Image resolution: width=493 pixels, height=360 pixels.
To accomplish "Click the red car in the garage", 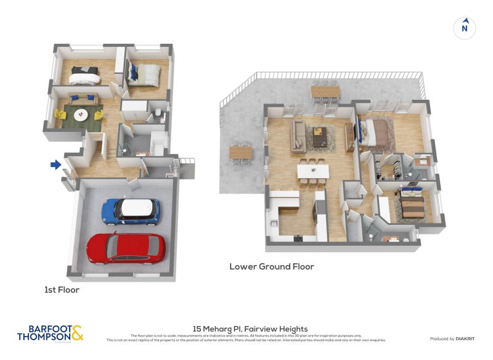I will pyautogui.click(x=126, y=247).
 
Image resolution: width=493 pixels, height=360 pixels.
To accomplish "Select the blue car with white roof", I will pyautogui.click(x=131, y=211).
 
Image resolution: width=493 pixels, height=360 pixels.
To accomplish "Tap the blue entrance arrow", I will pyautogui.click(x=55, y=165).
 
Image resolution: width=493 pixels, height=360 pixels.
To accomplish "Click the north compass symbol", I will pyautogui.click(x=465, y=28).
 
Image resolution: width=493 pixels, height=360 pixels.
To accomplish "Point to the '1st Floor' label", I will pyautogui.click(x=62, y=289).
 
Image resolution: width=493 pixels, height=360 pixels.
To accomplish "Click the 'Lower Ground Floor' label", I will pyautogui.click(x=272, y=267).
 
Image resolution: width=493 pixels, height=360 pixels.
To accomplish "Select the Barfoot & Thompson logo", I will pyautogui.click(x=50, y=333).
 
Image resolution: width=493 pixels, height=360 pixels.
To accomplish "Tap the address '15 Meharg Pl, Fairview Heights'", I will pyautogui.click(x=250, y=329).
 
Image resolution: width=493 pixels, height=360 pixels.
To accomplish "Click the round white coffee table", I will pyautogui.click(x=81, y=115).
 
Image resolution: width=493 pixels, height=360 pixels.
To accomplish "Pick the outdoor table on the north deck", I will pyautogui.click(x=325, y=92).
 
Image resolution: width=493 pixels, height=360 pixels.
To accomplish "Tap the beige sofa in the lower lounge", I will pyautogui.click(x=298, y=136).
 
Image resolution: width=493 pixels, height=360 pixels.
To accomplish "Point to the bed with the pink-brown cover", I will pyautogui.click(x=377, y=131).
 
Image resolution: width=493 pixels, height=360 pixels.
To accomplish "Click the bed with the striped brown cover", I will pyautogui.click(x=411, y=203).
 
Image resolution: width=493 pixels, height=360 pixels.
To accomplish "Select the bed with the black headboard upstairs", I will pyautogui.click(x=84, y=75).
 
